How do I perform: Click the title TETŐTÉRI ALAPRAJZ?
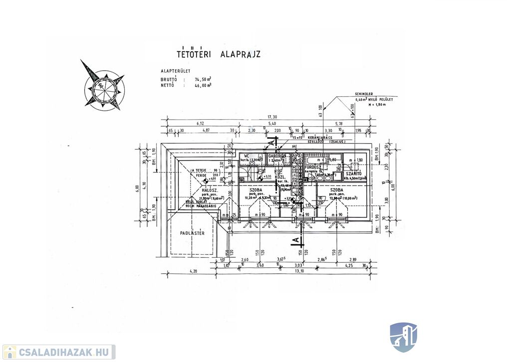[219, 54]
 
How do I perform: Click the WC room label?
[246, 156]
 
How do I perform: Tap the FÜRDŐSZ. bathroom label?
[313, 168]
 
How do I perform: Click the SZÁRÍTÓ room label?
[354, 173]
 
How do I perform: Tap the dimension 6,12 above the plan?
[201, 123]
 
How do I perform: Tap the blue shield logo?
[403, 337]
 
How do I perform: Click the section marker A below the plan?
[295, 240]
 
